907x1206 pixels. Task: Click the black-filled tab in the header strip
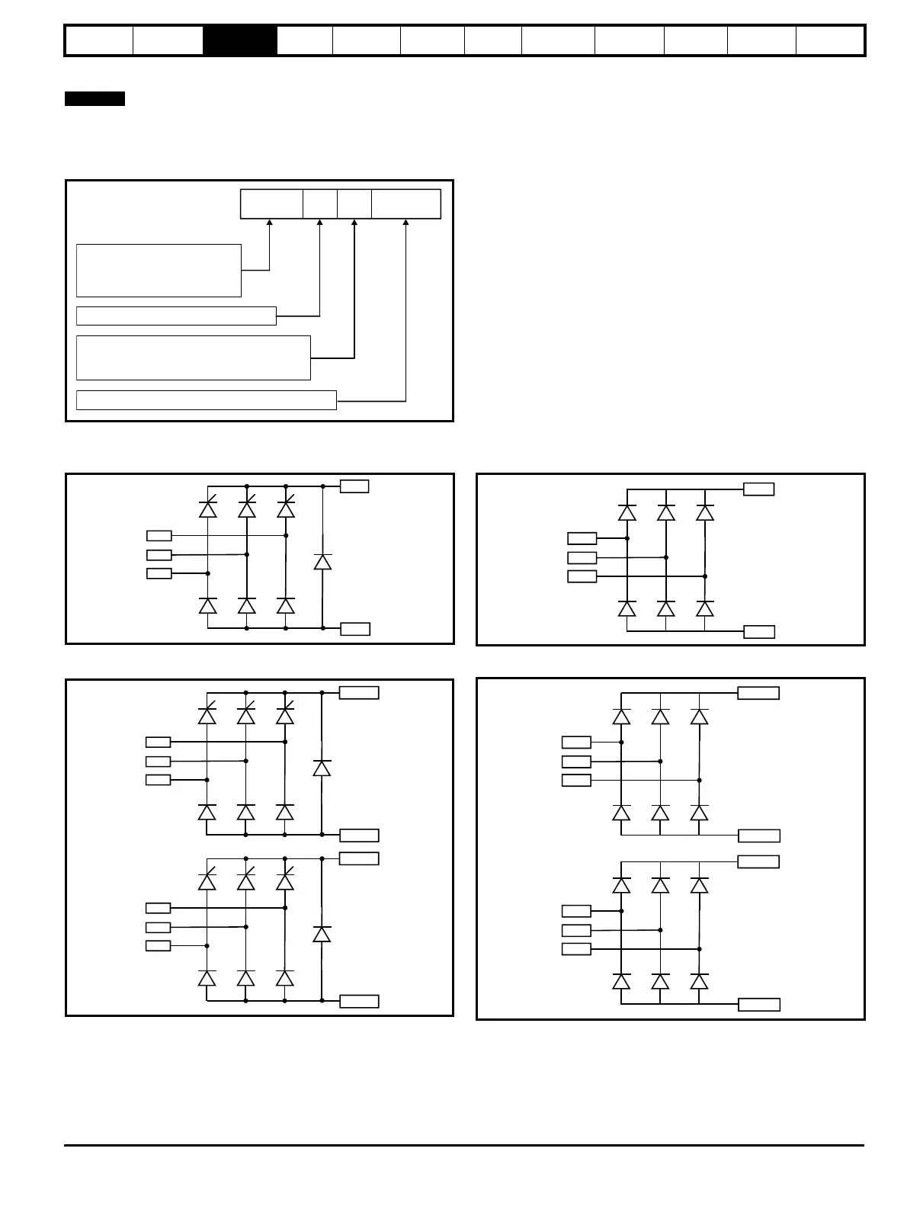pos(240,40)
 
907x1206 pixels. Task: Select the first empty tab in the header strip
pos(99,40)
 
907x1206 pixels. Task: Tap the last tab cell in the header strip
pos(829,40)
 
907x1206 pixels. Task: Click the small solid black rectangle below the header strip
pos(95,99)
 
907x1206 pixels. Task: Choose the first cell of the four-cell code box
pos(271,204)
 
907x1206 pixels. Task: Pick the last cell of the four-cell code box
pos(405,204)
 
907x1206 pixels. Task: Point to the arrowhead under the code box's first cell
pos(270,223)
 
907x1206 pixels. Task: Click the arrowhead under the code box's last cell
pos(405,223)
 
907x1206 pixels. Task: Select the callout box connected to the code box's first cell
pos(159,270)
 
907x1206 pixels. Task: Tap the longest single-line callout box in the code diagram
pos(206,399)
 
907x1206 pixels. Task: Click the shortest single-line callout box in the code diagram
pos(176,316)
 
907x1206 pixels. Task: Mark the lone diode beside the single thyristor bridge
pos(322,562)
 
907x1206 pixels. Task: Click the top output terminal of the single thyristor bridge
pos(354,486)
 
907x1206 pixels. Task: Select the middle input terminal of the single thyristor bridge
pos(159,554)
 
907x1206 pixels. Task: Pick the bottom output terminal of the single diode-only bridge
pos(759,631)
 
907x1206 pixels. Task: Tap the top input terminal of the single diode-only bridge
pos(582,538)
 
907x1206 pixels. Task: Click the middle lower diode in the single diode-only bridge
pos(666,608)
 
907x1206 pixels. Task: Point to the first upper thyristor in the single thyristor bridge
pos(207,508)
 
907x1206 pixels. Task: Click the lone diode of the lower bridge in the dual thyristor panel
pos(322,934)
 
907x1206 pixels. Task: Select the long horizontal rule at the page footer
pos(464,1145)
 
